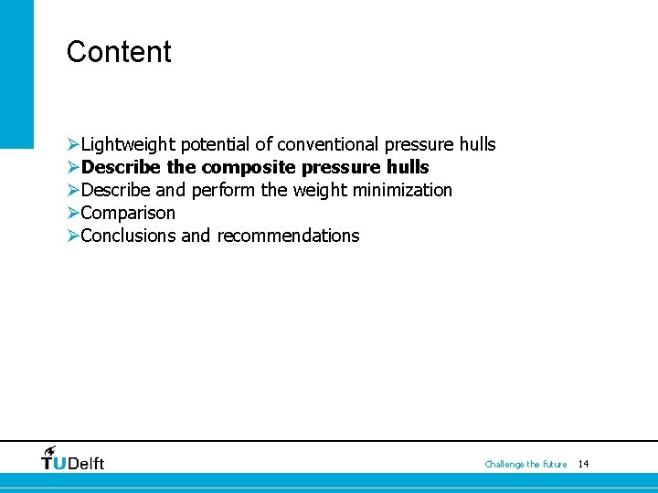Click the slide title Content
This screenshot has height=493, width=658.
119,52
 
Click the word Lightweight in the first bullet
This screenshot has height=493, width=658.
128,144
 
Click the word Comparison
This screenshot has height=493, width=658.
128,213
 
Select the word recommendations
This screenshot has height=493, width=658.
288,236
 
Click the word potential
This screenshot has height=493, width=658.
216,144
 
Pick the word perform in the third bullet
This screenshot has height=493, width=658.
223,190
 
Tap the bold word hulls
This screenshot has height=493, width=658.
408,167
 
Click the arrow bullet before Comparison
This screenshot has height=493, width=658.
73,213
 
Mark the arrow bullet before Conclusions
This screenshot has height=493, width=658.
73,236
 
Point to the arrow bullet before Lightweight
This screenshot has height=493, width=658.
73,144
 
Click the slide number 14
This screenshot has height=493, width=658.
583,464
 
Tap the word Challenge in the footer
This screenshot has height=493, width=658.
504,465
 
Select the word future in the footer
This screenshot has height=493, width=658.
554,465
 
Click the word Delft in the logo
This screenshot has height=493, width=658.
86,464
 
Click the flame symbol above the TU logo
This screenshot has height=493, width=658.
50,450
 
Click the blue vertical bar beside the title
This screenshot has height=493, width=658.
16,73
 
